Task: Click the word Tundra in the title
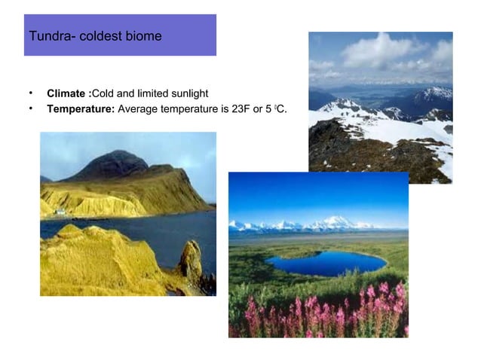47,36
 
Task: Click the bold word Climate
68,93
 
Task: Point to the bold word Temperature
81,109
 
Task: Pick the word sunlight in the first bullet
187,93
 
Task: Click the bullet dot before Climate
31,93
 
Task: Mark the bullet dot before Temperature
31,108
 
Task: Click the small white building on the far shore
60,212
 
